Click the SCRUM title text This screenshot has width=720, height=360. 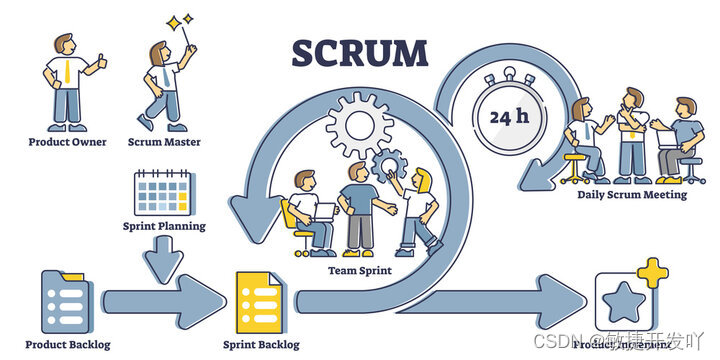tap(359, 53)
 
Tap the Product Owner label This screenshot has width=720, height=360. tap(67, 142)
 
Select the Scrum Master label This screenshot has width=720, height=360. tap(165, 142)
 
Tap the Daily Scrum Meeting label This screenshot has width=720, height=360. tap(631, 195)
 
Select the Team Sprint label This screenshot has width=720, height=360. tap(360, 270)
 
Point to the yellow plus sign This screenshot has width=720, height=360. tap(653, 273)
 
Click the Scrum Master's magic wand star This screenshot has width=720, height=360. tap(180, 21)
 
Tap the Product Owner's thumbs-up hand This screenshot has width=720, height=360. tap(101, 62)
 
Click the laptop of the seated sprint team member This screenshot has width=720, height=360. tap(324, 211)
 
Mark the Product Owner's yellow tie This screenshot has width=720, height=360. tap(64, 72)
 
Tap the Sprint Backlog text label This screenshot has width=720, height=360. tap(263, 344)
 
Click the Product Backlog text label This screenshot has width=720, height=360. tap(68, 344)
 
